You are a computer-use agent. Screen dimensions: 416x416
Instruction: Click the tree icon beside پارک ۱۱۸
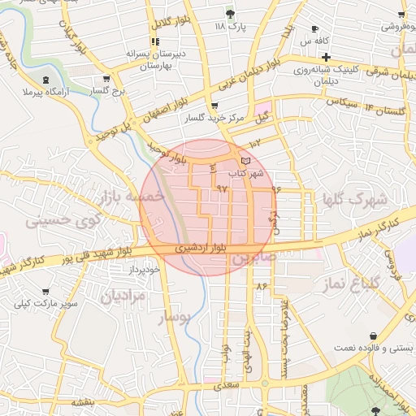click(x=231, y=14)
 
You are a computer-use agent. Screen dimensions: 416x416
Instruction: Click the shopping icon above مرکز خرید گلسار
click(x=214, y=106)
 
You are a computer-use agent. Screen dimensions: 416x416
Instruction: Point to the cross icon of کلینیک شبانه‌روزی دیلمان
click(x=325, y=57)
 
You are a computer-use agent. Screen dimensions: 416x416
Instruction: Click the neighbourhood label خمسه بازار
click(x=131, y=196)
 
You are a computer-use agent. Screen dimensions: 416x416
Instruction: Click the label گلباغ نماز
click(x=357, y=284)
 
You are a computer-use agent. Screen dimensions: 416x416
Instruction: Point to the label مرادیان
click(x=123, y=297)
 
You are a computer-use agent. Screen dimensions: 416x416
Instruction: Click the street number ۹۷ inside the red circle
click(x=222, y=188)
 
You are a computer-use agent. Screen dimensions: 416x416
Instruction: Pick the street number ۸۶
click(x=262, y=287)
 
